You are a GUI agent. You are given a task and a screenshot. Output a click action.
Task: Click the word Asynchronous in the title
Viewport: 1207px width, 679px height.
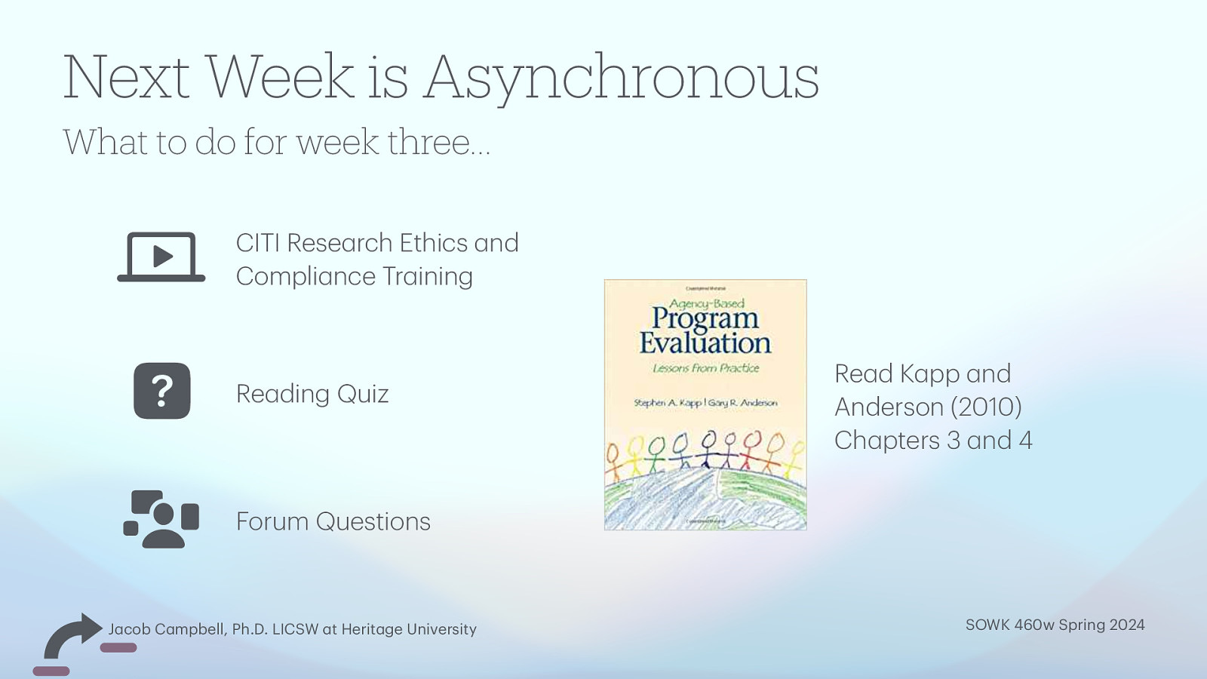621,78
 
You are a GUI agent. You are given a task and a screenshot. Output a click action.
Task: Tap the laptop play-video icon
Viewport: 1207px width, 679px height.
161,257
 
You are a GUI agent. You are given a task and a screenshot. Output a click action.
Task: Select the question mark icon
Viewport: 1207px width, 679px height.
162,391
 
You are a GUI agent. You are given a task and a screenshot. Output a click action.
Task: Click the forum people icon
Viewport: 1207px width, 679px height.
161,519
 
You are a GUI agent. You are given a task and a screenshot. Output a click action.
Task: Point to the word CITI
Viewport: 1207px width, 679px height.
258,243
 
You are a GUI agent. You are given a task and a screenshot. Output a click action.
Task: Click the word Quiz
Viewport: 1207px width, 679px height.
362,394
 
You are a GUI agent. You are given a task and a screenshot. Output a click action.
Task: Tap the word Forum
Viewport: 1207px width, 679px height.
272,521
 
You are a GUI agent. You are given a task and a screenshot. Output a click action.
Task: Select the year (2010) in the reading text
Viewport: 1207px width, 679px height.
986,407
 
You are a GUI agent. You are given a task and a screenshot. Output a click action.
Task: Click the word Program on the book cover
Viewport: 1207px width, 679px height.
705,318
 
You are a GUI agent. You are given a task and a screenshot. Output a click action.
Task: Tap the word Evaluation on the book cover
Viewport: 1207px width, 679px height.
705,343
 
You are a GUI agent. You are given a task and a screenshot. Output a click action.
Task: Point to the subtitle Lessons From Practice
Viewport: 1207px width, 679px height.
705,368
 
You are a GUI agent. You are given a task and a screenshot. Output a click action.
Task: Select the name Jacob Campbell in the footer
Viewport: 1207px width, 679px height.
167,629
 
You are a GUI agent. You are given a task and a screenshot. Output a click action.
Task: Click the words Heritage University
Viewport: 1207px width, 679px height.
409,629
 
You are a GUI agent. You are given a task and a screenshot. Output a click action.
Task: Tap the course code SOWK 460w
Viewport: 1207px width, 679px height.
1009,625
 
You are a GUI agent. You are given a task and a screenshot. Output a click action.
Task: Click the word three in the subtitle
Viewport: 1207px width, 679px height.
438,142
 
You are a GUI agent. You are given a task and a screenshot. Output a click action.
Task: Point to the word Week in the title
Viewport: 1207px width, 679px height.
279,78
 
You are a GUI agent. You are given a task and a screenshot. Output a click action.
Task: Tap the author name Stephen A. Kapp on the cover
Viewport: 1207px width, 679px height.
667,403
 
